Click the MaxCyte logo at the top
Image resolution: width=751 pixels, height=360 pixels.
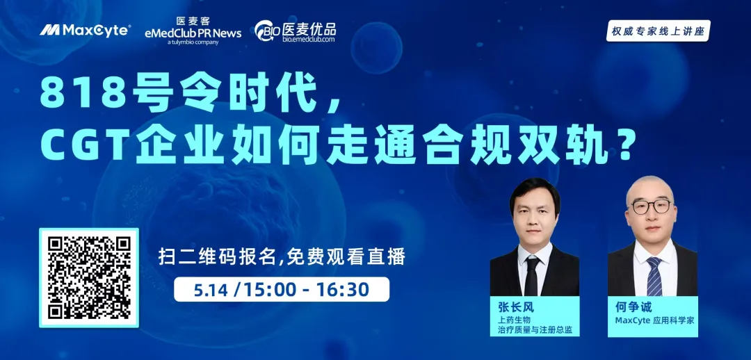85,30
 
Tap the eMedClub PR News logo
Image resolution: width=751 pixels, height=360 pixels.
193,31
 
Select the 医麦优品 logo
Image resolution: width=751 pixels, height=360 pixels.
295,31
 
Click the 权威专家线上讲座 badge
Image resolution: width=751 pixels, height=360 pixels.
658,31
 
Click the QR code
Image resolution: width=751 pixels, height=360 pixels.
89,278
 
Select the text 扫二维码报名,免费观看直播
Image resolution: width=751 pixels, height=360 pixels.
282,258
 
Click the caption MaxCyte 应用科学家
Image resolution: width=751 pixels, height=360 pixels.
654,321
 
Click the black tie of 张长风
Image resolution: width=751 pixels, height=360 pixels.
532,276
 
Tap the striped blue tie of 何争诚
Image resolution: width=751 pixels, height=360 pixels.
654,276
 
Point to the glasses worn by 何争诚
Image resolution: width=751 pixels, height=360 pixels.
650,206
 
